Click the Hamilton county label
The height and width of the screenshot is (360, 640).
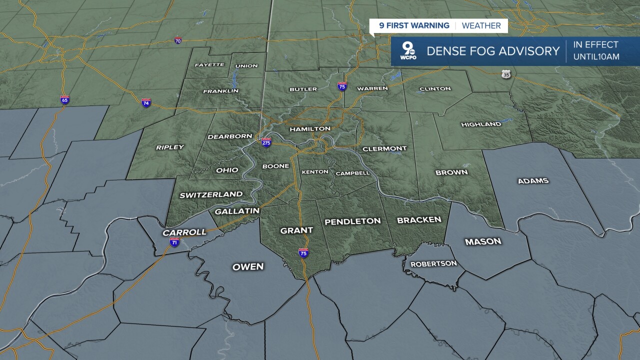point(310,128)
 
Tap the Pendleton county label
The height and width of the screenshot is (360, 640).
point(352,221)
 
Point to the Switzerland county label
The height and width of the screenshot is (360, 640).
point(211,194)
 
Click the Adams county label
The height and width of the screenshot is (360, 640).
point(533,180)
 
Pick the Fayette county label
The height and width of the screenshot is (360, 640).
point(209,65)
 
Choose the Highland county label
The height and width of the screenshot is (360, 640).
point(481,124)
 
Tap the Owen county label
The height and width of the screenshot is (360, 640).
point(248,266)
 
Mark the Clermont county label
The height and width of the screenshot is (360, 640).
point(384,148)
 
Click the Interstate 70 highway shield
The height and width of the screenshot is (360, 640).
point(178,40)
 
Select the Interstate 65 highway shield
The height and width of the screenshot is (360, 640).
point(64,99)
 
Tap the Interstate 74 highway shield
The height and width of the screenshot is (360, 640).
point(146,103)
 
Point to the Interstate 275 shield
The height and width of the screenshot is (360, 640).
point(266,142)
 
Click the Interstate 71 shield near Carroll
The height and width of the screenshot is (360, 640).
point(174,242)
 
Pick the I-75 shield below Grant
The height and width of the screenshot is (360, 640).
point(303,252)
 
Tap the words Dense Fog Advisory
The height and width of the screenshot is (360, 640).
point(492,51)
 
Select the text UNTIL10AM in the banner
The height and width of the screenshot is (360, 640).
point(596,57)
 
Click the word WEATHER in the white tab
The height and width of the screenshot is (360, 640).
point(481,25)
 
